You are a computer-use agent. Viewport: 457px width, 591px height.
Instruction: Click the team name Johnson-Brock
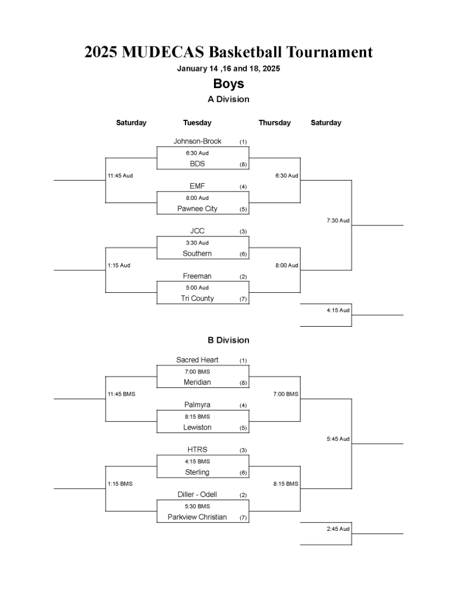click(197, 141)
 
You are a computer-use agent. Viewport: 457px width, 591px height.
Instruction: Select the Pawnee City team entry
click(197, 209)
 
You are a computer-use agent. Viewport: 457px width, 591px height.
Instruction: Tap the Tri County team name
click(197, 299)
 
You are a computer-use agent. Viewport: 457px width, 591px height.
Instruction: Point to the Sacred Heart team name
click(197, 360)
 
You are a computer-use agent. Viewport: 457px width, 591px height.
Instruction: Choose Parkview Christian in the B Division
click(197, 517)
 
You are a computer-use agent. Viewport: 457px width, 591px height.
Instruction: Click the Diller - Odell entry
click(197, 495)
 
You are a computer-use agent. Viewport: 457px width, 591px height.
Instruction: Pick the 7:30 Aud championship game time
click(338, 221)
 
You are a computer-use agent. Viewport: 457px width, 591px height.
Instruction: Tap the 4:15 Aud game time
click(338, 310)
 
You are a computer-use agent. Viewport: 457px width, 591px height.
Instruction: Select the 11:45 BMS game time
click(122, 394)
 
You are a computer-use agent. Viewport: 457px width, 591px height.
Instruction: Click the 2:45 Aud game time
click(338, 529)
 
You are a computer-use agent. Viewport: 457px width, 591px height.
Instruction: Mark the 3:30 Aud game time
click(197, 243)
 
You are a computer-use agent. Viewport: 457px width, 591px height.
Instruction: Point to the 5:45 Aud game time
click(338, 439)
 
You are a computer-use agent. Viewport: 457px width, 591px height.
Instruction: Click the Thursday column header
click(275, 123)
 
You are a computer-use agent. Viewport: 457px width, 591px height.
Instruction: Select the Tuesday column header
click(197, 123)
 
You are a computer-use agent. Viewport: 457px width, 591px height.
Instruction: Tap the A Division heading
click(229, 99)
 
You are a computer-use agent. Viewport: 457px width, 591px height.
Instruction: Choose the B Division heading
click(229, 340)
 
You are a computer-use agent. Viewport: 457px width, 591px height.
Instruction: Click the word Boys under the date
click(229, 84)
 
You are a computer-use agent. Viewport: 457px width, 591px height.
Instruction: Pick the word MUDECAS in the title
click(163, 52)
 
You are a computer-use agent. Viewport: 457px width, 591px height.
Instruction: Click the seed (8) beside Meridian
click(243, 383)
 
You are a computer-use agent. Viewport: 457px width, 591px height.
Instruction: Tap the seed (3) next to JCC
click(243, 232)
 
